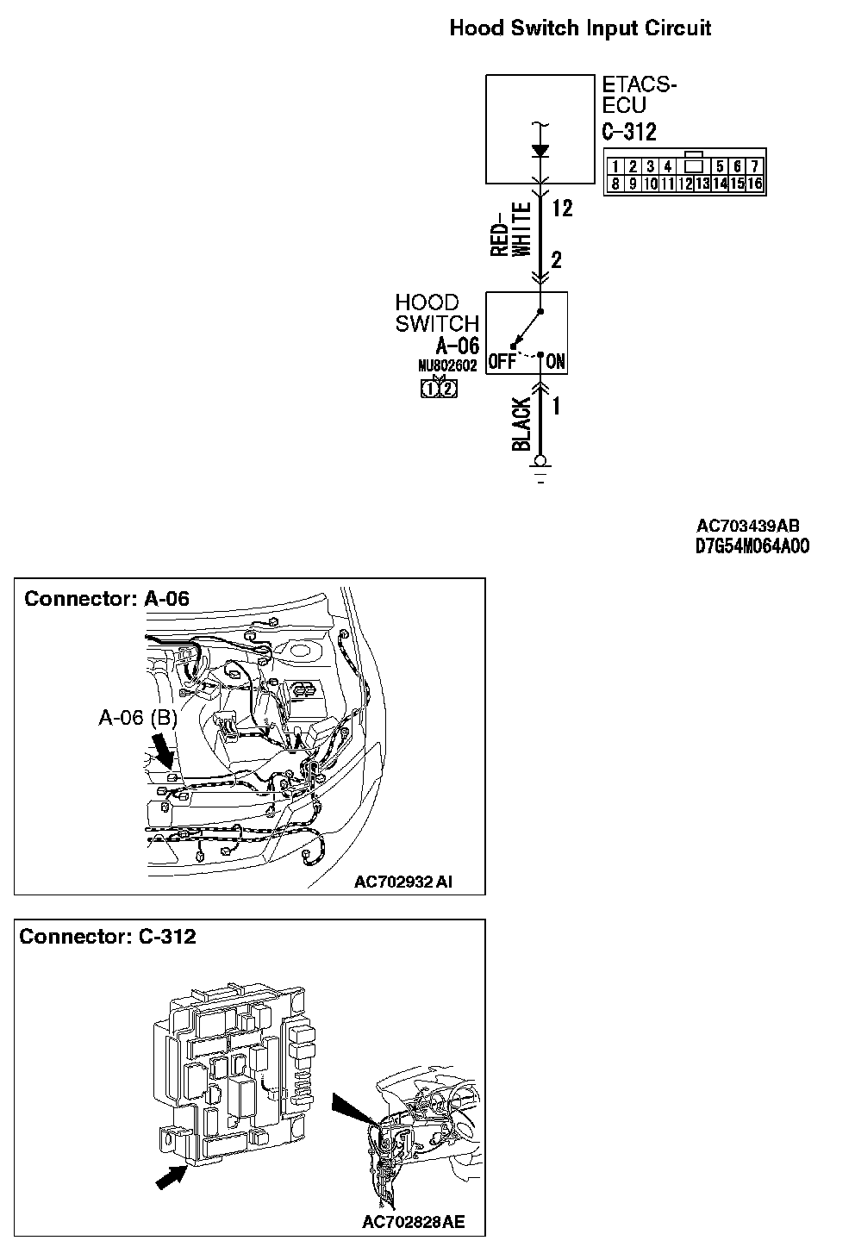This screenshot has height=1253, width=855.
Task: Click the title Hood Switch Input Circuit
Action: point(580,28)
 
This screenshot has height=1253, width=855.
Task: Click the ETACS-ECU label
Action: point(639,96)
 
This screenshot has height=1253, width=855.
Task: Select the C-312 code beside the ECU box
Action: point(628,132)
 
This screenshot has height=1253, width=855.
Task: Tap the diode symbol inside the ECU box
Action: point(540,150)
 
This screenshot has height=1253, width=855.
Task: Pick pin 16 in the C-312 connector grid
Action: point(755,183)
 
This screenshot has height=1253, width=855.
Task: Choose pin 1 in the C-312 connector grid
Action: point(615,166)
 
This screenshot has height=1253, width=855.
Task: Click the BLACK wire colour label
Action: point(521,425)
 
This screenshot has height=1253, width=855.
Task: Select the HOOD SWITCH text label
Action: point(436,313)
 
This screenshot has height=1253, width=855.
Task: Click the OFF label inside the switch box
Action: point(502,362)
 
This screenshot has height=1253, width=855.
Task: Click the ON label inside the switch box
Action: point(556,362)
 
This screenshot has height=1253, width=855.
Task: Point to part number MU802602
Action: point(447,365)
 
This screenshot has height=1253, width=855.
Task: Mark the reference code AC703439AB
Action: point(748,527)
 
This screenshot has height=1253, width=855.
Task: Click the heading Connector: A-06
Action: point(107,598)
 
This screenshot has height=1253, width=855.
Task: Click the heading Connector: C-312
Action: point(108,936)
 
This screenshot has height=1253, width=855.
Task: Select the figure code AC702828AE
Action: point(413,1222)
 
